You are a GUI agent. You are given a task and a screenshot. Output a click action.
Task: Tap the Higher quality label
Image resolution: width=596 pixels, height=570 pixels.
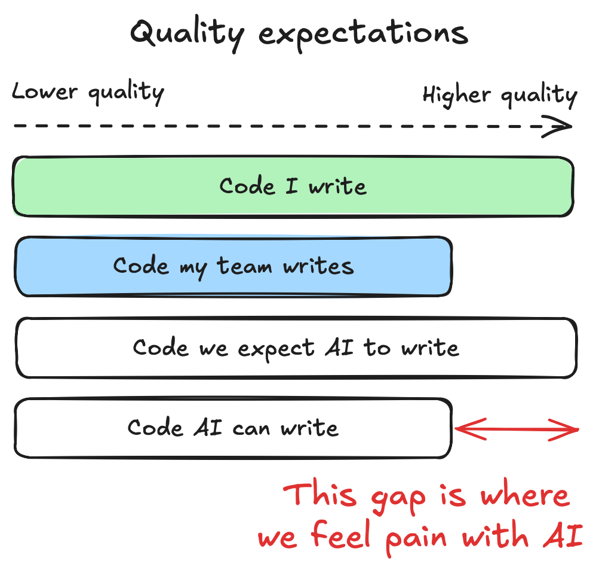(500, 95)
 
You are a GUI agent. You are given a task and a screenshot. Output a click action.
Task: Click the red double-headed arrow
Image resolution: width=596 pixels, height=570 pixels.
(517, 428)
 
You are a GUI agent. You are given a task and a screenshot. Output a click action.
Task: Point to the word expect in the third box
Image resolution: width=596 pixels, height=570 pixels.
(275, 349)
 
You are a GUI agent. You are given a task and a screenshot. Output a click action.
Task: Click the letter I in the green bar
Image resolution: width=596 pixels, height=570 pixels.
(292, 185)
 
